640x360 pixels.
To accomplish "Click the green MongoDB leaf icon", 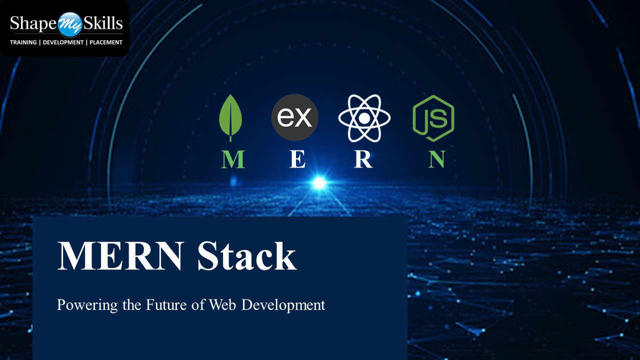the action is coord(230,117).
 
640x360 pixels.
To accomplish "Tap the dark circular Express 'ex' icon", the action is coord(294,117).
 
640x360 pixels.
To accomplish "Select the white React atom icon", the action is coord(364,118).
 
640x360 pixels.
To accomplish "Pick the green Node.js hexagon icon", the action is coord(433,118).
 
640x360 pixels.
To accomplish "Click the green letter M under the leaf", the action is coord(232,159).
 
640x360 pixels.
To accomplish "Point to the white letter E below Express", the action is coord(297,159).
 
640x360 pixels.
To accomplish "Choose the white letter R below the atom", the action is coord(363,159).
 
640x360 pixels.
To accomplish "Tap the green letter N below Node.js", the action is coord(436,159).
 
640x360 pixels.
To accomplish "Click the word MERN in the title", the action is coord(120,256).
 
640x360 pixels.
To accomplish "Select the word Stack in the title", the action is coord(246,256).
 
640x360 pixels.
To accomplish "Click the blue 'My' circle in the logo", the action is coord(70,24).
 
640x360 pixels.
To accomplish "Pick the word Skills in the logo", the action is coord(102,23).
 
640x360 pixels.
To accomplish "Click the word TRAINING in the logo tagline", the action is coord(23,42).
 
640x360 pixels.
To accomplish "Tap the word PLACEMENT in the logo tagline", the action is coord(106,42).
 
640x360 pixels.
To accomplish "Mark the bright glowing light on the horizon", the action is coord(319,183).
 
